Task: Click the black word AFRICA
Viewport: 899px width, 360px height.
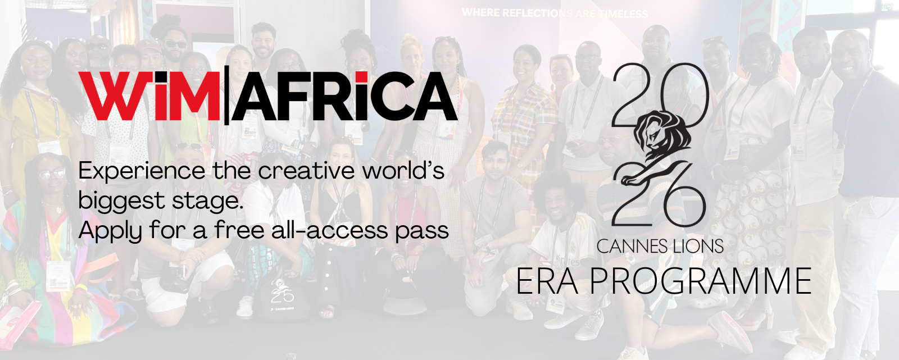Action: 344,97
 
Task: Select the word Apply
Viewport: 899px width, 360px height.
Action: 111,231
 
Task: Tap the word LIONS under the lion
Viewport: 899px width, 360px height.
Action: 698,246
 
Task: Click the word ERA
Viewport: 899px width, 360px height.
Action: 547,281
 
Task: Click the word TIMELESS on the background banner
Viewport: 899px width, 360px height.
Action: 623,14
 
